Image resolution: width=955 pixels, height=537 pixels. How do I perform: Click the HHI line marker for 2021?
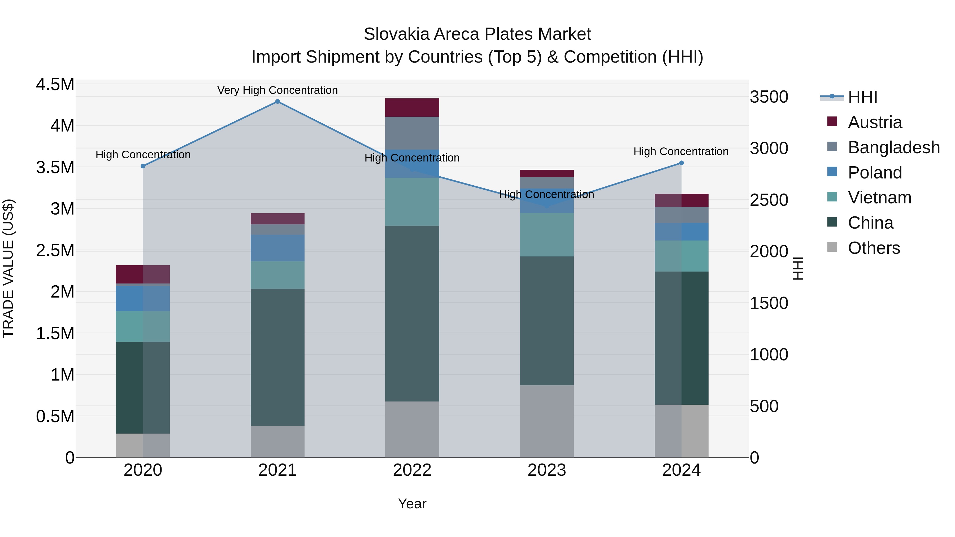[277, 102]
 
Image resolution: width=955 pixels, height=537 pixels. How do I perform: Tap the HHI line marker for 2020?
[143, 166]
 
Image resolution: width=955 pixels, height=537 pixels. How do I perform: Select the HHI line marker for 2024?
[681, 163]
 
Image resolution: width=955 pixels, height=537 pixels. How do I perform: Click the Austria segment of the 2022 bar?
[412, 107]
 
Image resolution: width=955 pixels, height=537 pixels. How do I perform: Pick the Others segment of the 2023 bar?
[546, 421]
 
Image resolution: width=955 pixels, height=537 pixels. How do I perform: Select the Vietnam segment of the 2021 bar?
[277, 275]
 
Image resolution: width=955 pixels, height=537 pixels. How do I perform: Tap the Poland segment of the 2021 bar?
[277, 248]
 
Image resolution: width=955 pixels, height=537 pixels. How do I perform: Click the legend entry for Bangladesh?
[893, 147]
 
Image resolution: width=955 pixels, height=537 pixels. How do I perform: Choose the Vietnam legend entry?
[879, 198]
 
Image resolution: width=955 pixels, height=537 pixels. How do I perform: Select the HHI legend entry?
[862, 97]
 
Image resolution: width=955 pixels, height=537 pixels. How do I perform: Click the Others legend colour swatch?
[832, 247]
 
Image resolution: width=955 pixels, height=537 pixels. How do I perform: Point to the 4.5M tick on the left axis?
[55, 85]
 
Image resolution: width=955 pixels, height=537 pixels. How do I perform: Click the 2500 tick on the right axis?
[769, 200]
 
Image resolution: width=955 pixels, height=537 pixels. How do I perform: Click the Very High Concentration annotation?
[277, 90]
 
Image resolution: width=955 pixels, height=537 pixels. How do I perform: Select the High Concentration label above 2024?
[681, 152]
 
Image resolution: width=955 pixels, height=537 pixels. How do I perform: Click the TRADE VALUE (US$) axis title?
[8, 268]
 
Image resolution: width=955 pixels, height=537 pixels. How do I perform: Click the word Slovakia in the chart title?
[396, 34]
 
